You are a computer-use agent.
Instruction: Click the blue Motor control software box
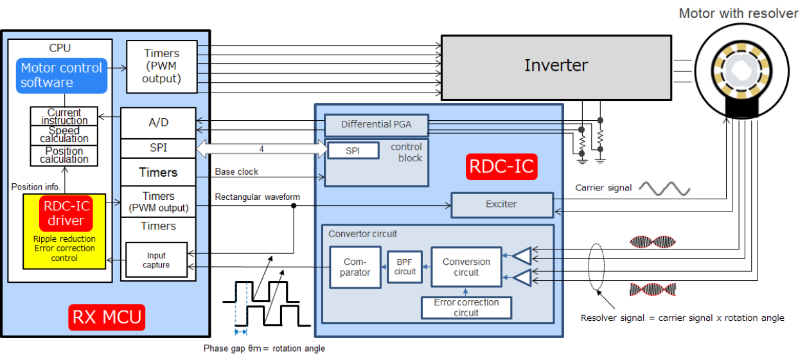(x=62, y=75)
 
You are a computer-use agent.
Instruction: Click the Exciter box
(x=501, y=204)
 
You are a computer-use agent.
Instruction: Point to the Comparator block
(x=355, y=267)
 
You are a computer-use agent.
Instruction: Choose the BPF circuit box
(x=405, y=267)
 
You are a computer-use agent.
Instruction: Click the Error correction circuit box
(x=466, y=307)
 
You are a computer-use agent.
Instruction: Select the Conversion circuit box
(x=466, y=267)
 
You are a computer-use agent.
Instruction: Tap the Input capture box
(x=156, y=260)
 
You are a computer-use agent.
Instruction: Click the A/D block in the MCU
(x=158, y=123)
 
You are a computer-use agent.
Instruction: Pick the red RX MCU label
(x=107, y=317)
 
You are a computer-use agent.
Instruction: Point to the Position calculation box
(x=64, y=156)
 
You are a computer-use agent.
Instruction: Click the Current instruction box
(x=64, y=116)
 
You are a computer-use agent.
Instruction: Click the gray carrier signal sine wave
(x=664, y=188)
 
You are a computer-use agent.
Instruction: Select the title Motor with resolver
(x=738, y=14)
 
